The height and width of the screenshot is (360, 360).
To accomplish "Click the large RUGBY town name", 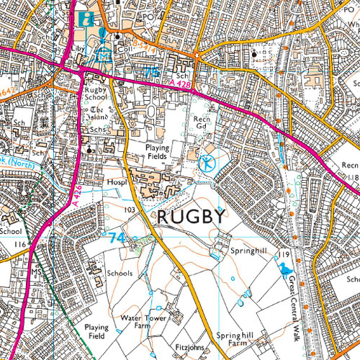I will point(192,217).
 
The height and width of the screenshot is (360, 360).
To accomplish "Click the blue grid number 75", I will point(151,73).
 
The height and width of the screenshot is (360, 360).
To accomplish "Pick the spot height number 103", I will point(130,210).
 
